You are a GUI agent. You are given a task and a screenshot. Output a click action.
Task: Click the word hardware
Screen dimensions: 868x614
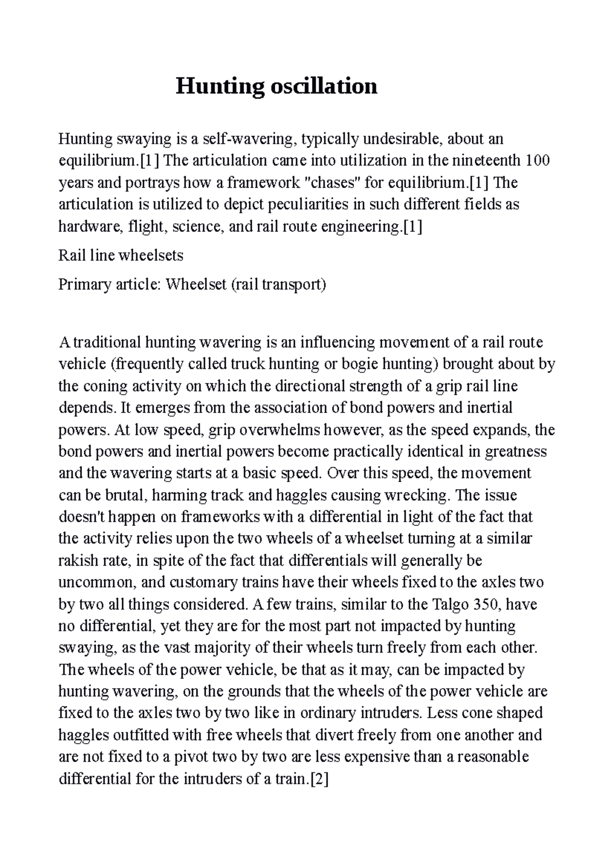point(81,226)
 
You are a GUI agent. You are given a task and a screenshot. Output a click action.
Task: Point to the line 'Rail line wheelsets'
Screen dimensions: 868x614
point(121,255)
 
